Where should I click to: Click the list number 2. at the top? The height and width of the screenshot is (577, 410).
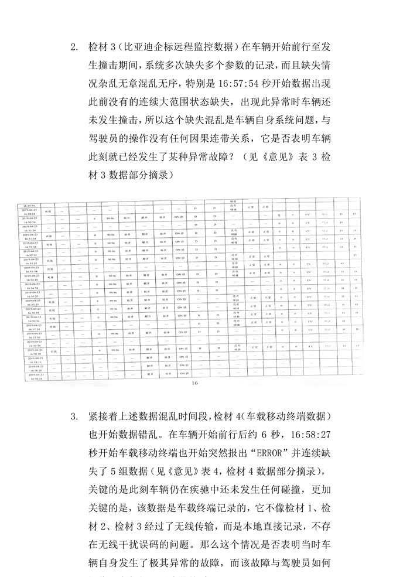coord(74,47)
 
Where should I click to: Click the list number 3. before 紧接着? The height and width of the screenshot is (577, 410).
coord(74,416)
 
